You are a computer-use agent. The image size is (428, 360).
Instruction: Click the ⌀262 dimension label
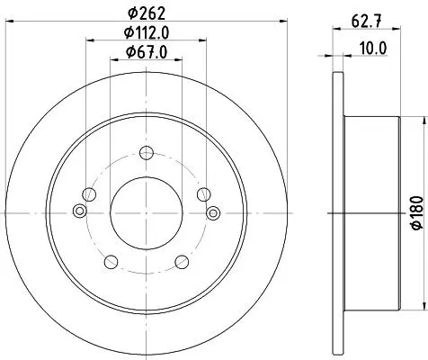click(x=147, y=13)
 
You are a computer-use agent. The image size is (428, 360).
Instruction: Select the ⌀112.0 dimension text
click(x=147, y=32)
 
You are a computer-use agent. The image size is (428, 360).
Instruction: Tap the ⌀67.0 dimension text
click(x=147, y=52)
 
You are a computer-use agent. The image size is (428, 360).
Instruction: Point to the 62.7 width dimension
click(x=366, y=22)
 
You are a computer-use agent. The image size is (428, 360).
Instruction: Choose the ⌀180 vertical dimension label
click(x=417, y=213)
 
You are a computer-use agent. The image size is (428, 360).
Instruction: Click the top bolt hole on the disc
click(x=147, y=153)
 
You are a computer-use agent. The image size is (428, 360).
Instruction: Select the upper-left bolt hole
click(x=89, y=194)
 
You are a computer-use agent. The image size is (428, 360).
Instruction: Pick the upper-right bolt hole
click(x=204, y=194)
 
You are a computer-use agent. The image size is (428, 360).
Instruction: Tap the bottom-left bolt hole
click(x=111, y=262)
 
